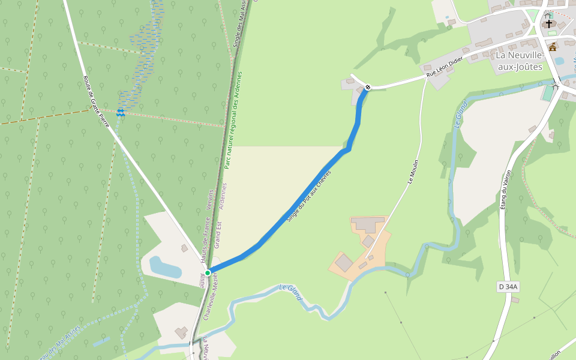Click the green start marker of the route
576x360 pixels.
point(208,273)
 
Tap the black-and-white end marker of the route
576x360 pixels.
point(368,88)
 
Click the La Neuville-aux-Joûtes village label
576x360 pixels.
point(519,61)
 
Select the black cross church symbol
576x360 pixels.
point(548,24)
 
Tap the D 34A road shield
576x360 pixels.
point(508,287)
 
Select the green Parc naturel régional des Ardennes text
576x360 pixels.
point(233,120)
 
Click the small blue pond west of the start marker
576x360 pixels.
point(164,266)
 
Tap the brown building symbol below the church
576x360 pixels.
point(553,46)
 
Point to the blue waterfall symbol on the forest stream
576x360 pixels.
point(121,112)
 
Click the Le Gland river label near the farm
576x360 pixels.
point(290,292)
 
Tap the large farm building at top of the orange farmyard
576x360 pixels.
point(368,225)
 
